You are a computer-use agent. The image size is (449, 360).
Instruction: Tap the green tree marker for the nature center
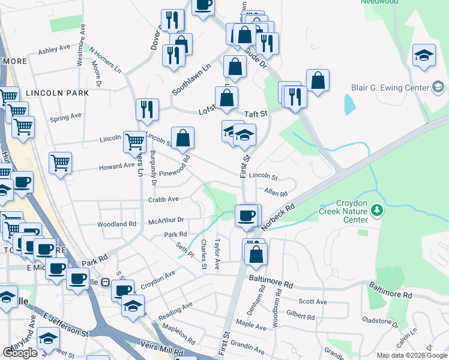click(x=376, y=210)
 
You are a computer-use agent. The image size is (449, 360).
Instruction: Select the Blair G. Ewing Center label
click(x=390, y=87)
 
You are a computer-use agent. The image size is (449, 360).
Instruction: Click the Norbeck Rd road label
click(x=280, y=215)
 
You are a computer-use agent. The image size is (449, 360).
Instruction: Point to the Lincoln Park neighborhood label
click(x=57, y=93)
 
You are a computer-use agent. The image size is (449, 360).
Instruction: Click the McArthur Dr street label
click(x=166, y=220)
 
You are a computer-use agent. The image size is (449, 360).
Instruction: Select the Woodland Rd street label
click(x=116, y=224)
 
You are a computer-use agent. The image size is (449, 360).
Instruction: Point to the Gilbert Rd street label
click(x=300, y=316)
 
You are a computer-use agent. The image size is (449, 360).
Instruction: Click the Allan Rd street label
click(x=276, y=193)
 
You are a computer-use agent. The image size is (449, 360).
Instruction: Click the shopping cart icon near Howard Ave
click(x=61, y=163)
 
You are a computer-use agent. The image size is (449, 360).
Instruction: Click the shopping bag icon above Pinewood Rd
click(x=183, y=138)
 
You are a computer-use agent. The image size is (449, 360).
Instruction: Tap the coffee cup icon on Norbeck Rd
click(x=246, y=215)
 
